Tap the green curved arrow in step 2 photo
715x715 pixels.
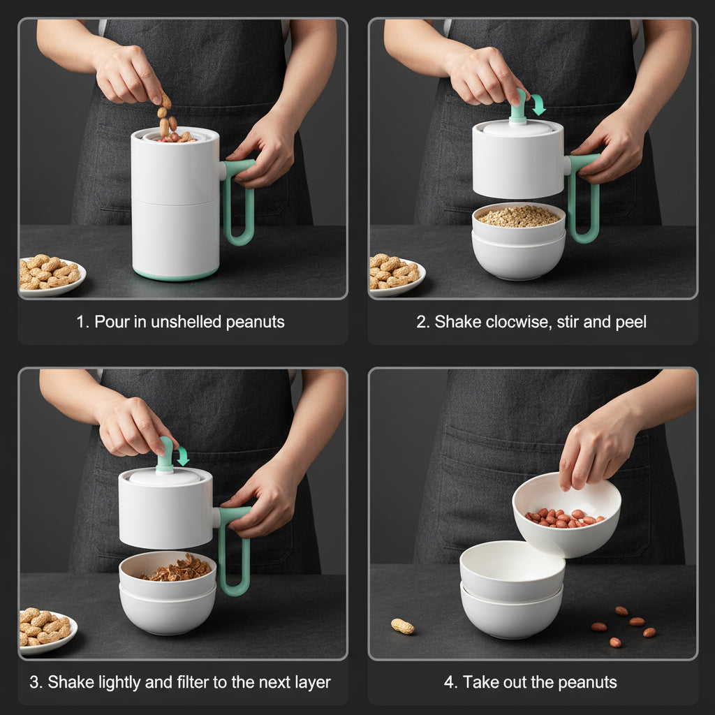(x=538, y=105)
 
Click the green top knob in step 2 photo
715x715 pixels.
(x=518, y=107)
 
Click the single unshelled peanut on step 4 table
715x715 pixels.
(x=402, y=626)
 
